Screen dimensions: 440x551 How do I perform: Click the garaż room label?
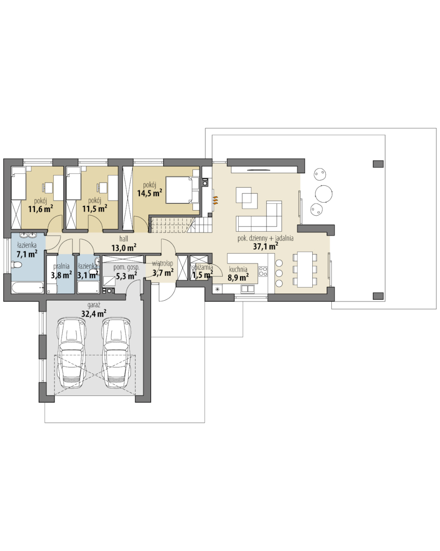[94, 305]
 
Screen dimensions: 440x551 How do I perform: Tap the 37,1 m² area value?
[266, 247]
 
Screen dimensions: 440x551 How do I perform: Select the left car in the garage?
[72, 353]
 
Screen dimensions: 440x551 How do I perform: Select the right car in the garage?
[116, 353]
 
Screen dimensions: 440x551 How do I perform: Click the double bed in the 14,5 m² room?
[182, 190]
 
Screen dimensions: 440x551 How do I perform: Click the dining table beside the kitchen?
[305, 269]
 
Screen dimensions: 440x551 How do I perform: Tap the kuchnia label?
[238, 269]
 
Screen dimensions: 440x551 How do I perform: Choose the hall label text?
[124, 239]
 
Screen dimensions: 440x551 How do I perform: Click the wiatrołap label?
[163, 263]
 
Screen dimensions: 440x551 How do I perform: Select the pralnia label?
[62, 266]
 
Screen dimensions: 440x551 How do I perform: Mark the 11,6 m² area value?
[41, 209]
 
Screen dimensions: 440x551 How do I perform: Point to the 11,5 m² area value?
[95, 209]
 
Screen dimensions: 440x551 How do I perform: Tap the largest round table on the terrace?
[323, 194]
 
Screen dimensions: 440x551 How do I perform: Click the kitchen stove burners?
[263, 271]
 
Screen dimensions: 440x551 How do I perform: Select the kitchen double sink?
[247, 289]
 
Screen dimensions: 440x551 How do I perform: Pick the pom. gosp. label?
[126, 268]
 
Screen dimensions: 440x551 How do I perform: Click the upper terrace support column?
[378, 164]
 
